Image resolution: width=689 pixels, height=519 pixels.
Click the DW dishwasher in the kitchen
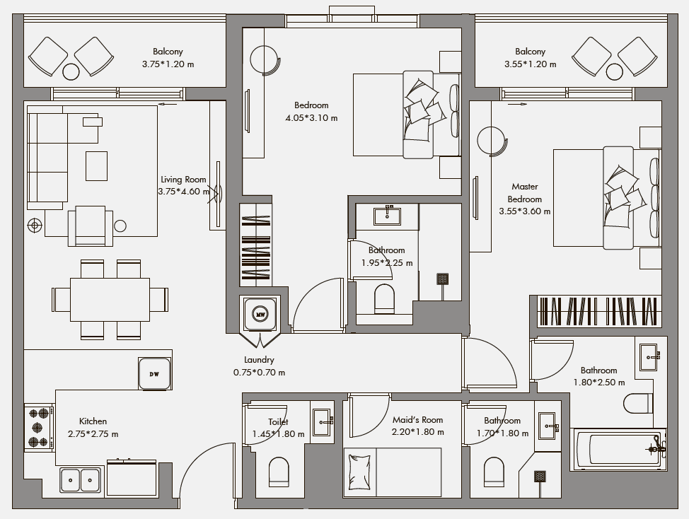pyautogui.click(x=154, y=373)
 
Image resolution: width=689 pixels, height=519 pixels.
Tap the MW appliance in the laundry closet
pyautogui.click(x=260, y=313)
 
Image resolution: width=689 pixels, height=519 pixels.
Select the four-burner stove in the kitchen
pyautogui.click(x=39, y=427)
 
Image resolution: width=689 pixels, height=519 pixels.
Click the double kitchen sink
pyautogui.click(x=81, y=480)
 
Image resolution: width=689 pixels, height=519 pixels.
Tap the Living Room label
pyautogui.click(x=183, y=179)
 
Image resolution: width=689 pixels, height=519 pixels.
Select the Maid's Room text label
pyautogui.click(x=417, y=420)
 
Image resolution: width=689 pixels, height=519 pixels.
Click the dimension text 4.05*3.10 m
pyautogui.click(x=311, y=117)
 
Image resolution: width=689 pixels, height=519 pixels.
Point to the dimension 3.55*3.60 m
pyautogui.click(x=525, y=211)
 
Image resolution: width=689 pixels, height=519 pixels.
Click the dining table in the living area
pyautogui.click(x=110, y=300)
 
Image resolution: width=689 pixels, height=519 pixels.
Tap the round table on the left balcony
pyautogui.click(x=71, y=71)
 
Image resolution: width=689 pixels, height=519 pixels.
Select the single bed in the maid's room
pyautogui.click(x=393, y=472)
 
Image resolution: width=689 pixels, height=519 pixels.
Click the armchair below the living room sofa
pyautogui.click(x=90, y=226)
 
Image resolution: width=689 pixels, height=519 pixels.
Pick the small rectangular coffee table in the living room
pyautogui.click(x=96, y=166)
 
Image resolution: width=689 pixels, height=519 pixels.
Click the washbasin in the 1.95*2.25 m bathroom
pyautogui.click(x=387, y=216)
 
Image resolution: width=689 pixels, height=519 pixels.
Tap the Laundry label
pyautogui.click(x=259, y=360)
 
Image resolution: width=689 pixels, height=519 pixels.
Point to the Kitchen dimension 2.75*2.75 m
pyautogui.click(x=93, y=434)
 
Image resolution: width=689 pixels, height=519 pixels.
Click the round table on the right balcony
pyautogui.click(x=614, y=71)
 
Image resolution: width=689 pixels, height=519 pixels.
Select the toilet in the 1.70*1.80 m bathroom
pyautogui.click(x=494, y=472)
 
